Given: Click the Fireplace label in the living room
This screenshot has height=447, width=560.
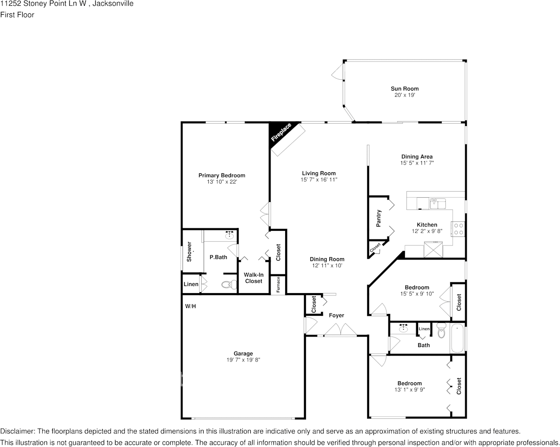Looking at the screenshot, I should [281, 132].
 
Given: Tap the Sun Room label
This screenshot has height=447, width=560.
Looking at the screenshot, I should [404, 89].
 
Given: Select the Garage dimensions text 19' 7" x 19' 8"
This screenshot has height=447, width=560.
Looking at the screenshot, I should [243, 360].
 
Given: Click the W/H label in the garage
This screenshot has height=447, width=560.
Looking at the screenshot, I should [190, 306].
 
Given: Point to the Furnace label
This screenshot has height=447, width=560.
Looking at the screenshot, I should [278, 285].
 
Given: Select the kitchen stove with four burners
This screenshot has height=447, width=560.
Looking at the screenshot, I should [459, 229].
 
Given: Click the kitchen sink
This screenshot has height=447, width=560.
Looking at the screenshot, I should [437, 203].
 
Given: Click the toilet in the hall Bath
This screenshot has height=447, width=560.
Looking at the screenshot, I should [441, 331].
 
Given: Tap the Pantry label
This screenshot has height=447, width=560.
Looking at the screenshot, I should [379, 219].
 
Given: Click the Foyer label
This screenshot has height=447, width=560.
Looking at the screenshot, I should [337, 315].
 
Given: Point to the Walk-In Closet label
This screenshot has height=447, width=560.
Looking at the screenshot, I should [254, 278].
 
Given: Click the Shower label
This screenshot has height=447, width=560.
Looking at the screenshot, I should [189, 252].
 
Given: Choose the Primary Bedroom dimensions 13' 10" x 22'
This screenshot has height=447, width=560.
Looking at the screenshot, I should [222, 182].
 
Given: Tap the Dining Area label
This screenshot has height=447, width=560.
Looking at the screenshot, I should [417, 157].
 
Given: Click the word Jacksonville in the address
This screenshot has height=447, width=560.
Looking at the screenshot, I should [113, 4].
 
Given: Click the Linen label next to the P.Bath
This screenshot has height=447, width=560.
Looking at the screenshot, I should [191, 284].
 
